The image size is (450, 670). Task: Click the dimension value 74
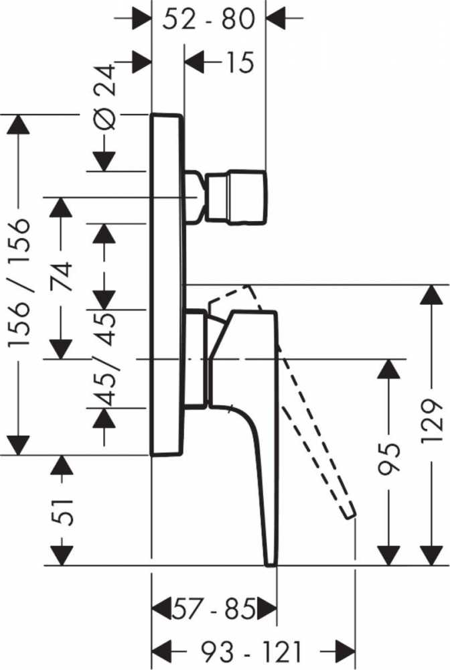63,277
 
